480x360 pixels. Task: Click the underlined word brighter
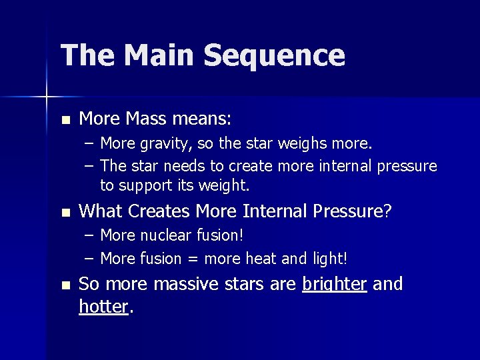[x=335, y=285]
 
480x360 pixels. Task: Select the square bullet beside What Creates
[x=65, y=213]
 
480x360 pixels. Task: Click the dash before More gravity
[x=89, y=145]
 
